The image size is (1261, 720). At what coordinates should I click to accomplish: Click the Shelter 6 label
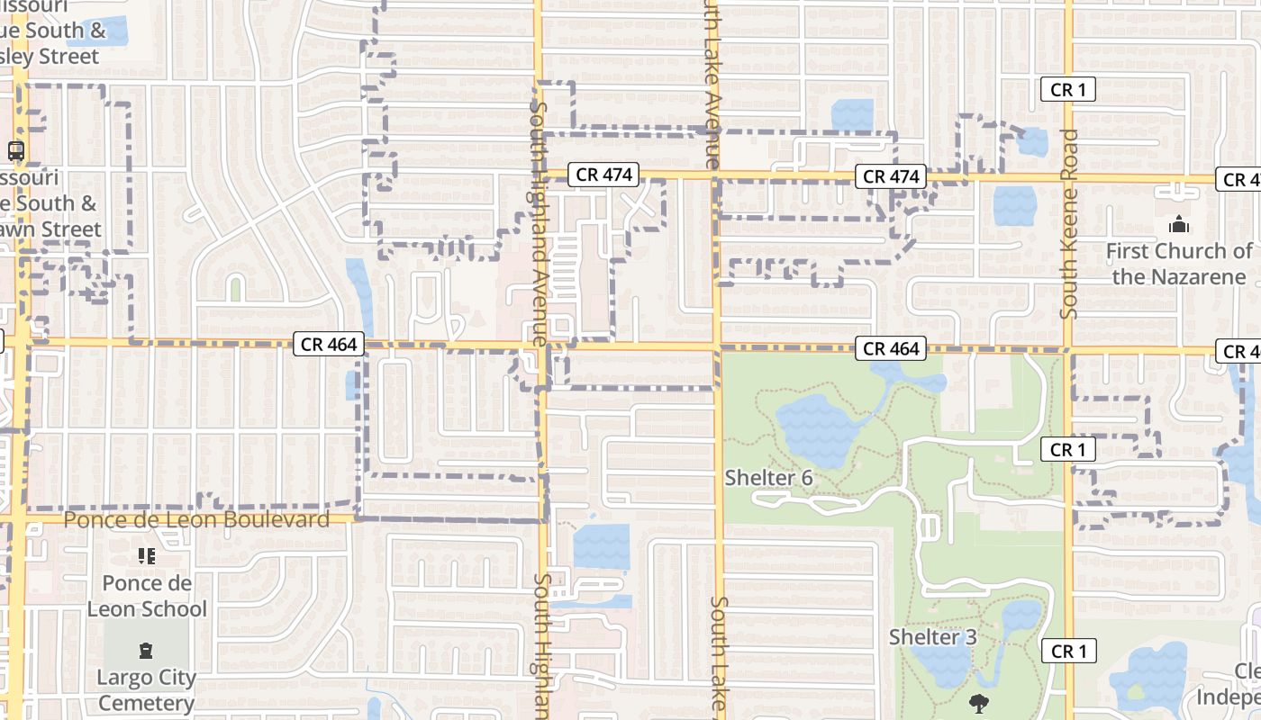768,478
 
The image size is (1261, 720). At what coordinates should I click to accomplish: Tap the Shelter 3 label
932,637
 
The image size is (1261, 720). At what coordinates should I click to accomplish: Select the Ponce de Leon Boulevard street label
196,519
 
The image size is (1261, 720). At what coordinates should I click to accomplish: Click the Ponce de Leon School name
147,596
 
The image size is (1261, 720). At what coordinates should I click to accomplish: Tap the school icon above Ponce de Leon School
147,557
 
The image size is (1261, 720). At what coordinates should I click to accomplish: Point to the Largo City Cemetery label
146,689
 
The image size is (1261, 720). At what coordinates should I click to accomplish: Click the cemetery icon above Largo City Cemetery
146,651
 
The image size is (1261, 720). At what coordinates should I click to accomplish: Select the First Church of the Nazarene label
1178,263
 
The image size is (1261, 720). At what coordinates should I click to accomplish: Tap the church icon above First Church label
1178,224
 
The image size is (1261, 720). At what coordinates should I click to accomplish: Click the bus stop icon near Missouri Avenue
15,150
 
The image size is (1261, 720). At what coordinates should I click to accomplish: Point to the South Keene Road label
1069,223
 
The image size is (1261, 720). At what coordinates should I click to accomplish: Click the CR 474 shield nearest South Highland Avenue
603,175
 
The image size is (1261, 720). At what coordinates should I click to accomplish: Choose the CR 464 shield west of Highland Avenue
329,344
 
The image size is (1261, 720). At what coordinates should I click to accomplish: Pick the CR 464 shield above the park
892,349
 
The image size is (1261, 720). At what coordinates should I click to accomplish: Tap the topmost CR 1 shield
1067,89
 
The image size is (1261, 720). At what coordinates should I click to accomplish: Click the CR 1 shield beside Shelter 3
1068,651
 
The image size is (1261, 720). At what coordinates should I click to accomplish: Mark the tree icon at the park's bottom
978,703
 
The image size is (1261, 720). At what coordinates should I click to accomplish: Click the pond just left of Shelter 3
941,666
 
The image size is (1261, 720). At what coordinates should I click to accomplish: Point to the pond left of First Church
1014,206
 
